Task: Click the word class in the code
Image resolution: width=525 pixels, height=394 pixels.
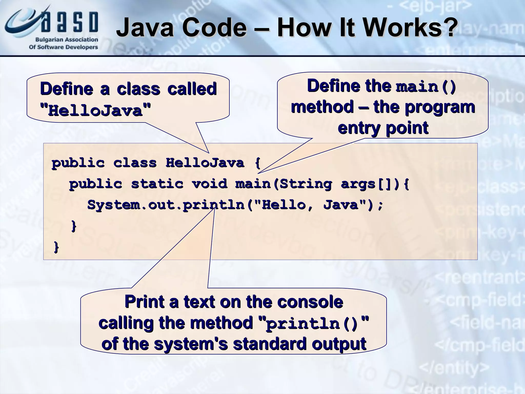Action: (135, 163)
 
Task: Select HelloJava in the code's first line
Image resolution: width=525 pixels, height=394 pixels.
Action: (205, 163)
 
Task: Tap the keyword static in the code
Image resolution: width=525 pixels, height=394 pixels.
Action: (157, 184)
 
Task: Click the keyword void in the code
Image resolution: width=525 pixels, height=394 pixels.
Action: (209, 184)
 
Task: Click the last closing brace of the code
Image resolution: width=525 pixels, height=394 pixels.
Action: (56, 247)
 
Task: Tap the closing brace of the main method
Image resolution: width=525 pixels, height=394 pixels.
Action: (73, 226)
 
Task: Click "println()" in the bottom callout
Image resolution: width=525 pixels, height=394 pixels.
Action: (314, 323)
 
